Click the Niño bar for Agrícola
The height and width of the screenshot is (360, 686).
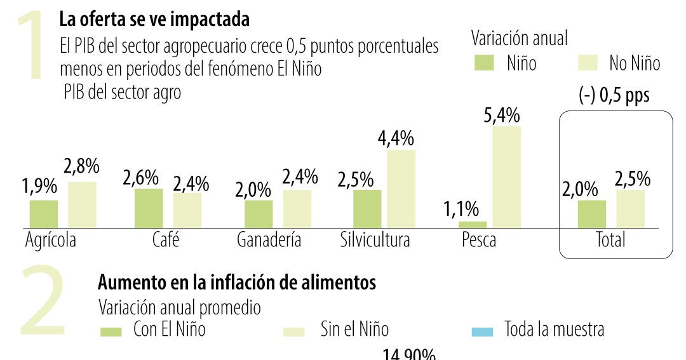tap(44, 214)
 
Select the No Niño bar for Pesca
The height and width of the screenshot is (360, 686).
tap(506, 177)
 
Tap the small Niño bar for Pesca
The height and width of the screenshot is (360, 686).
tap(473, 225)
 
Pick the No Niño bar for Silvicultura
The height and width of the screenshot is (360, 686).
tap(401, 189)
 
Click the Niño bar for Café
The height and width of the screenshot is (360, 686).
tap(149, 208)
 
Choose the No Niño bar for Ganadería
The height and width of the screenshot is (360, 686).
tap(297, 209)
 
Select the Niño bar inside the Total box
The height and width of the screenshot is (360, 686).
tap(592, 214)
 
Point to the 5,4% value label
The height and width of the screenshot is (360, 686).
tap(501, 116)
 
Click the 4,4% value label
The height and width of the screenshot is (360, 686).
tap(397, 138)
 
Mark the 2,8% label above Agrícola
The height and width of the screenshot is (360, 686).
tap(81, 167)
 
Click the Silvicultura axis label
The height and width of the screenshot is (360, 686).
tap(375, 241)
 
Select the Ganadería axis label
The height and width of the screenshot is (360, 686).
tap(269, 241)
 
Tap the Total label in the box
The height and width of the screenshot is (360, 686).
tap(610, 240)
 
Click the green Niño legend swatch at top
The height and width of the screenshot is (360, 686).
tap(485, 63)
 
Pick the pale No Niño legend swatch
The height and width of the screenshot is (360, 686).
tap(589, 63)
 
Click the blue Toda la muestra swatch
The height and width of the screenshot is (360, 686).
tap(483, 331)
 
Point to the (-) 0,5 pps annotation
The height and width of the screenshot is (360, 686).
tap(614, 96)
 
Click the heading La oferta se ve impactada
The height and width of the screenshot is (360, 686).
tap(154, 20)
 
